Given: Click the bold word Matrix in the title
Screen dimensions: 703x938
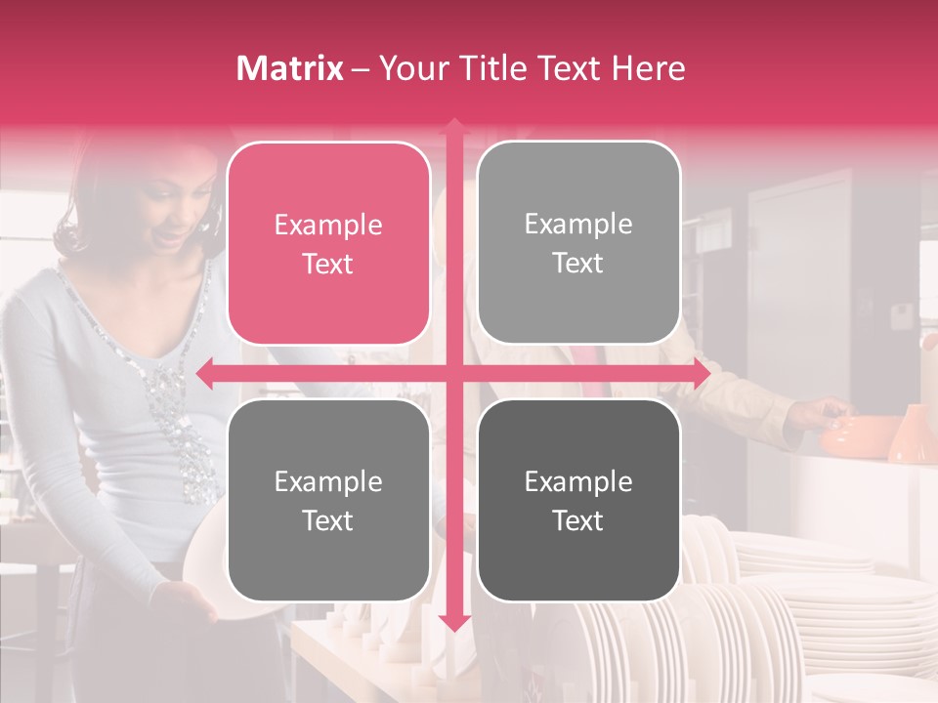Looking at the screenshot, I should tap(290, 68).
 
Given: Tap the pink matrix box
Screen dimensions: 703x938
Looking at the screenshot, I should tap(328, 244).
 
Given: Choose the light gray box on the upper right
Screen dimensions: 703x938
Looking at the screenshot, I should tap(578, 243).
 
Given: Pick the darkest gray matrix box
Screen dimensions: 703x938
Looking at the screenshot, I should tap(578, 500).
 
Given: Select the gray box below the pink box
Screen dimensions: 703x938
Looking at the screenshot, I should tap(328, 500).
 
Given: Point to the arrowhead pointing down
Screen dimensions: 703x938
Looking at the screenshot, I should tap(453, 622).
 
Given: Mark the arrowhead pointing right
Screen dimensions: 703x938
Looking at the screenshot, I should tap(701, 374).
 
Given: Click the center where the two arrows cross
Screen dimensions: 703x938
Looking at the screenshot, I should tap(453, 374).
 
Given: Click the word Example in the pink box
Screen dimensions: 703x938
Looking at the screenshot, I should tap(328, 226).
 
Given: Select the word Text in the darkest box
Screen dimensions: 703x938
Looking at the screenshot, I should tap(578, 520).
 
